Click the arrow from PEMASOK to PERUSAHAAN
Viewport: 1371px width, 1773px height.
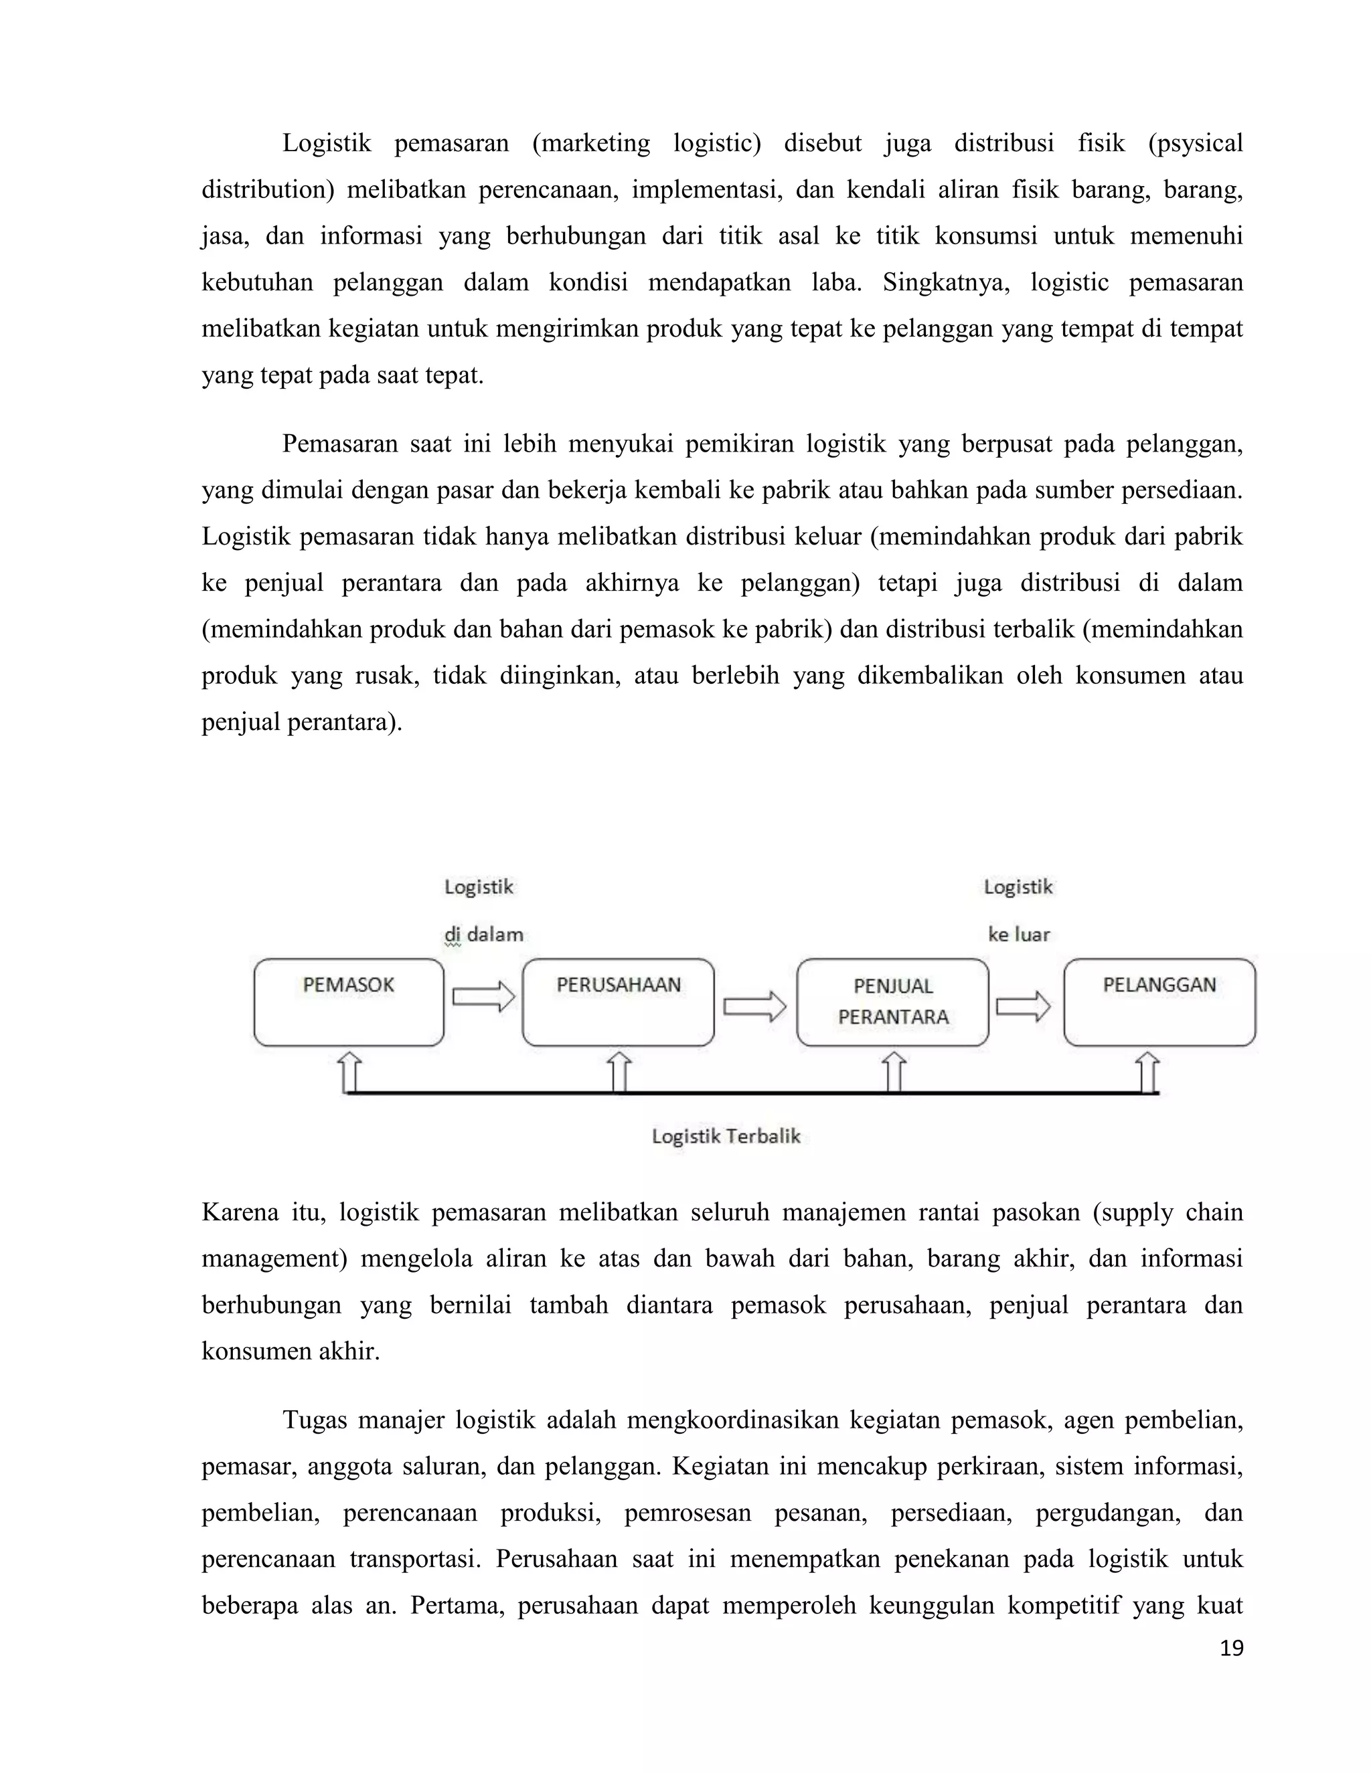point(483,996)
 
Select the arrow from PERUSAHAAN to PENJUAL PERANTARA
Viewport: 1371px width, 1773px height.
point(754,1007)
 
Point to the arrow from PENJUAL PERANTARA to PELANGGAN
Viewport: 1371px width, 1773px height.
point(1024,1007)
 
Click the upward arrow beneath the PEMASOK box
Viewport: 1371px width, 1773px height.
point(350,1072)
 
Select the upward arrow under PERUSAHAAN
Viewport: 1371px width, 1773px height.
point(619,1072)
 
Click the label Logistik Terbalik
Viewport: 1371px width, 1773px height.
point(726,1136)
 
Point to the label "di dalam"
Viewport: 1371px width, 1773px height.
point(483,935)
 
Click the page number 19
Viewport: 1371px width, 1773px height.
point(1231,1648)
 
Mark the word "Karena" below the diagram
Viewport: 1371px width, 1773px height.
point(240,1212)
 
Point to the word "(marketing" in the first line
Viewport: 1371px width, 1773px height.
point(591,144)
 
